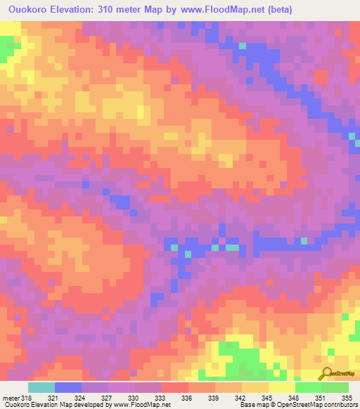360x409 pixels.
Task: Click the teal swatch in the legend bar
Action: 41,387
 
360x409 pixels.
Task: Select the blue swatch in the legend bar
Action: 68,387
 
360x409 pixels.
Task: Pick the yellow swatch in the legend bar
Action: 282,387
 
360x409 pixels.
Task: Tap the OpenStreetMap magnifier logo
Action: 328,375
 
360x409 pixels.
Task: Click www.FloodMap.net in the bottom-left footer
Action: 138,404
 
